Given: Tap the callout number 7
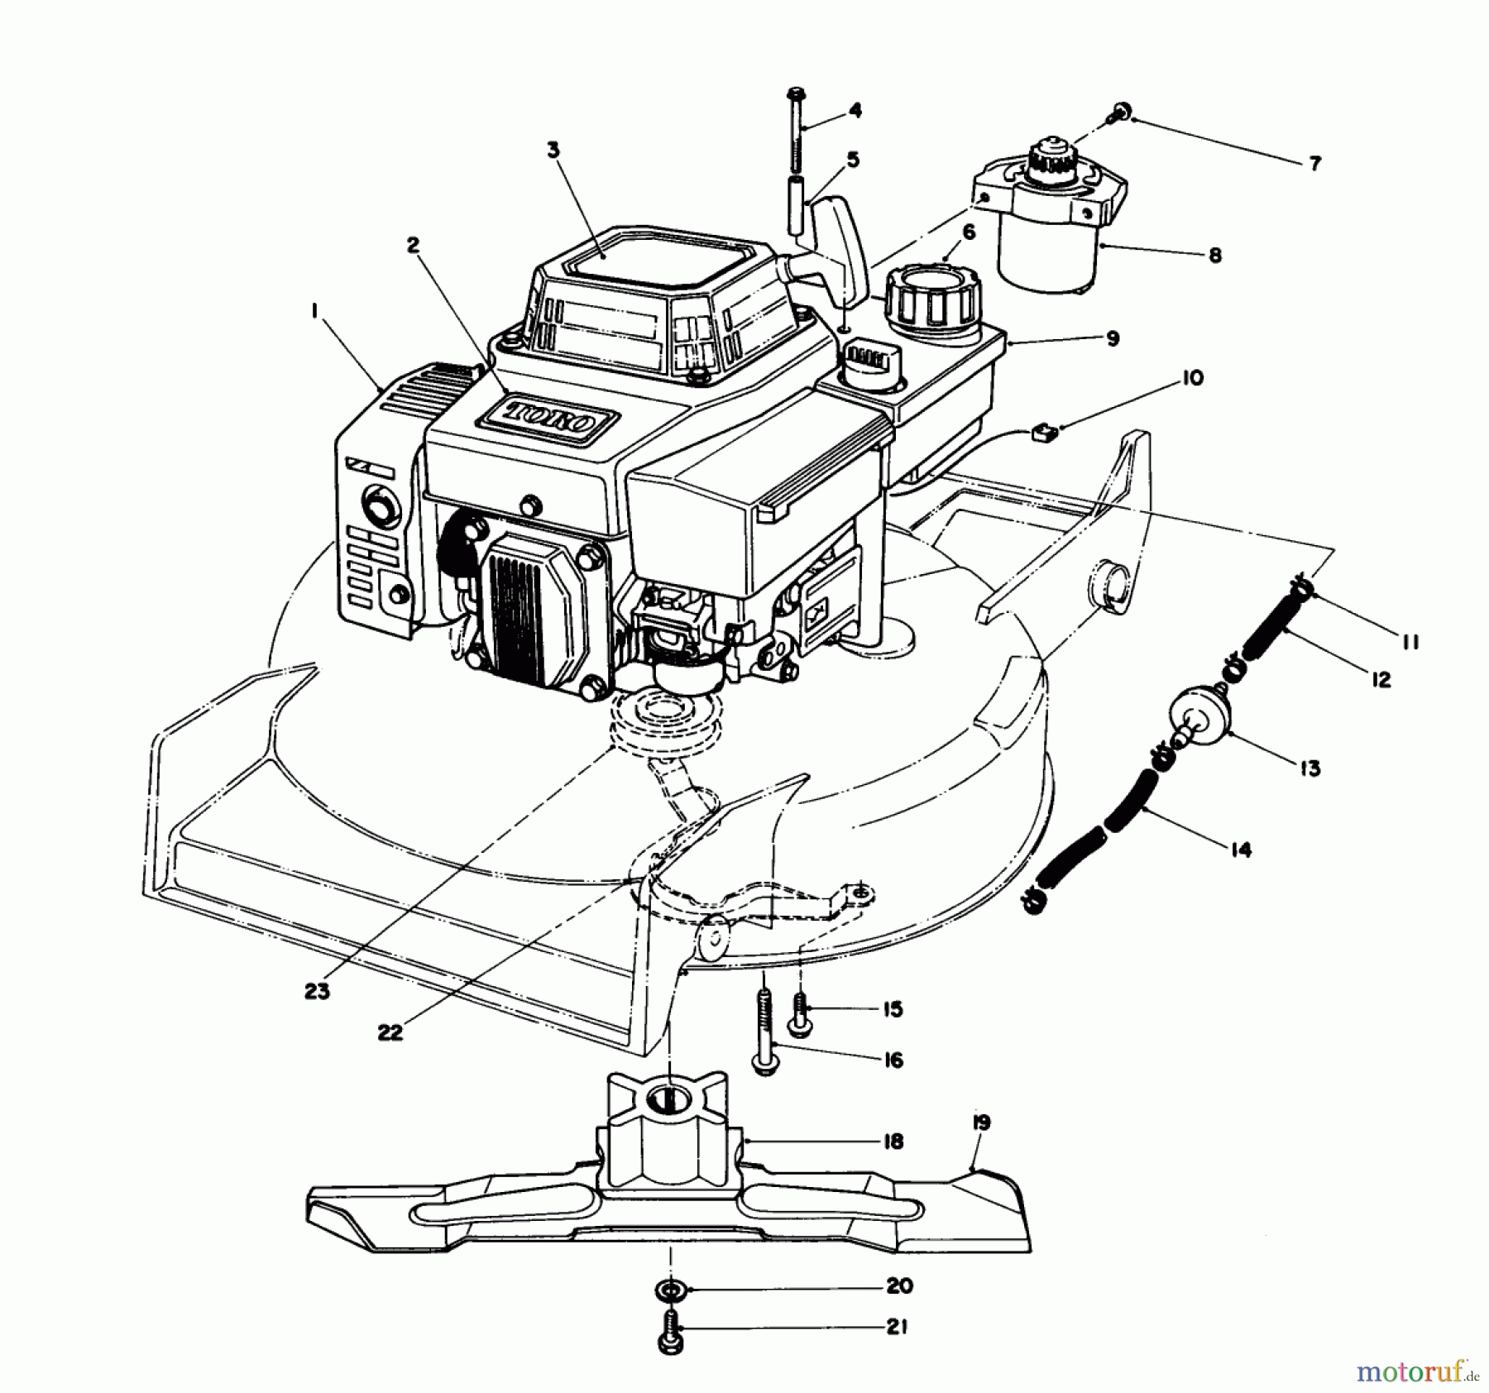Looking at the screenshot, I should tap(1314, 163).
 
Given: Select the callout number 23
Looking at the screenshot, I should tap(317, 991).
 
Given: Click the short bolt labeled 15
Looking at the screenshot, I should tap(800, 1012).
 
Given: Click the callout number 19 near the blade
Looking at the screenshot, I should tap(981, 1123).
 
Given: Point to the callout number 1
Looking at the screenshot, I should tap(314, 311).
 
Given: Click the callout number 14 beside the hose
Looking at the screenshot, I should tap(1240, 849).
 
